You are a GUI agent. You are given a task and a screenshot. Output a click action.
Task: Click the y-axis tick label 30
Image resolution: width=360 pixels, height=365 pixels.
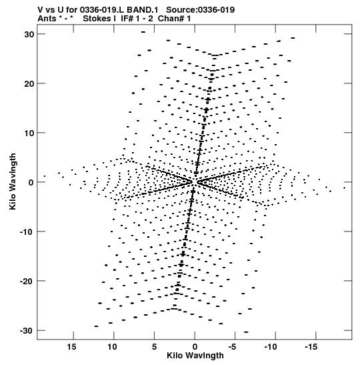pos(29,34)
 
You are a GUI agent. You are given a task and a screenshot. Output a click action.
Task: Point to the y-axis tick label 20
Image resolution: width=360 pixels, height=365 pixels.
pos(29,83)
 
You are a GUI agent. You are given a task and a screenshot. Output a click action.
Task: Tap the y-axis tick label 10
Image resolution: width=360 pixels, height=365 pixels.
pos(29,133)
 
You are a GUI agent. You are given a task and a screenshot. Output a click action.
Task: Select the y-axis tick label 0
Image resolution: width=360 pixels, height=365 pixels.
pos(31,182)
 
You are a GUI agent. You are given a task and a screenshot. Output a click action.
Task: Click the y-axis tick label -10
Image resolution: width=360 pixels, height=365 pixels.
pos(27,232)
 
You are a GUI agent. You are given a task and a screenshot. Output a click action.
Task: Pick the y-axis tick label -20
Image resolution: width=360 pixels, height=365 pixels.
pos(27,281)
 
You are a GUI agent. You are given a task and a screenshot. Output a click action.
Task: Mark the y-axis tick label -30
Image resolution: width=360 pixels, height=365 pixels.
pos(27,330)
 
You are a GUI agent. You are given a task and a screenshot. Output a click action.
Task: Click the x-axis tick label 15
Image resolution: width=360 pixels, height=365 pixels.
pos(71,347)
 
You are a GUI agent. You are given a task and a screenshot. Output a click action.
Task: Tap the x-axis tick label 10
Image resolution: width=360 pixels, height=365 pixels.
pos(112,347)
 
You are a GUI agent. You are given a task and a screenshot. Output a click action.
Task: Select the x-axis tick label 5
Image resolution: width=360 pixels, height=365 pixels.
pos(154,347)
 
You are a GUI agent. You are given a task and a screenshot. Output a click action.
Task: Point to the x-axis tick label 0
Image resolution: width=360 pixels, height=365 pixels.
pos(195,347)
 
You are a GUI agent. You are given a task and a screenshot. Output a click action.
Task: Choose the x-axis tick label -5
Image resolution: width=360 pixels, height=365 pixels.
pos(233,347)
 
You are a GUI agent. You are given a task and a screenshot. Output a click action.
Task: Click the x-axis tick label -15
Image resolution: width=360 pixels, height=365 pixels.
pos(311,347)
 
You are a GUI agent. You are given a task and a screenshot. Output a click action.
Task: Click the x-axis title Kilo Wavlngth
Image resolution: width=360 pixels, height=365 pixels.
pos(195,356)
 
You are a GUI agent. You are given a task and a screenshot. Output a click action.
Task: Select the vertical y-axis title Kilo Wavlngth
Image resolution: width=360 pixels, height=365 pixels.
pos(13,181)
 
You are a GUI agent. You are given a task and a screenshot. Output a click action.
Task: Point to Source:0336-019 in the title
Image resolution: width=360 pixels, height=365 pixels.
pos(201,10)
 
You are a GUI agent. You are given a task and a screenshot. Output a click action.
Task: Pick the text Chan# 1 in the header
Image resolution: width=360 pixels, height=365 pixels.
pos(174,19)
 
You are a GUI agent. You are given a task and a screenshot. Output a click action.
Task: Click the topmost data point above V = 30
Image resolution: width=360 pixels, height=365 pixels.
pos(143,32)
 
